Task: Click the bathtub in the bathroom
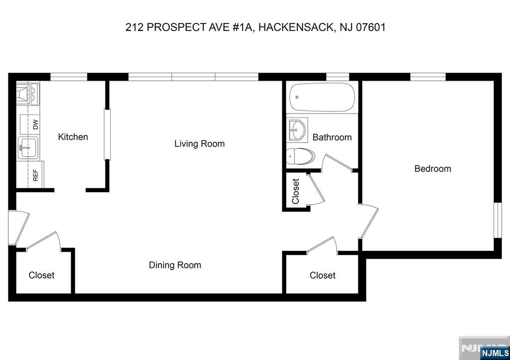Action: click(x=323, y=98)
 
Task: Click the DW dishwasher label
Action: click(x=35, y=124)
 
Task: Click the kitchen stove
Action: click(x=27, y=94)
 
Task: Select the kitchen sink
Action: click(x=28, y=147)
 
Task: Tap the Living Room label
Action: click(x=199, y=144)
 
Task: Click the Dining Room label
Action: click(x=175, y=265)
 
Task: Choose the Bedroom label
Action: click(x=432, y=169)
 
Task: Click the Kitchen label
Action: click(x=73, y=137)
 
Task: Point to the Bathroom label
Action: click(x=332, y=137)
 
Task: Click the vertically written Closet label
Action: click(x=296, y=191)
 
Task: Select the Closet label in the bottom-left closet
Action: click(x=41, y=275)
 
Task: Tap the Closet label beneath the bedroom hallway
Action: click(x=322, y=275)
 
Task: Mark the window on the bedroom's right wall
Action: click(x=497, y=220)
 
